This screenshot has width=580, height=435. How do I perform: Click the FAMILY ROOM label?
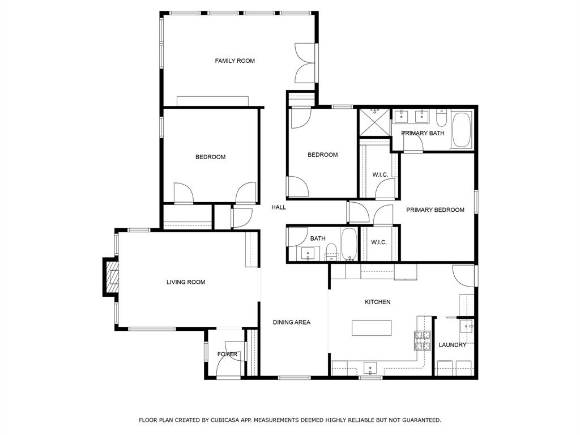pyautogui.click(x=234, y=61)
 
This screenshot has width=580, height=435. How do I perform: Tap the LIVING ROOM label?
pyautogui.click(x=186, y=282)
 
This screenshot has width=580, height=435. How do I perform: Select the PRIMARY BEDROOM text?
pyautogui.click(x=435, y=210)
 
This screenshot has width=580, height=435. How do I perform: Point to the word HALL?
pyautogui.click(x=279, y=207)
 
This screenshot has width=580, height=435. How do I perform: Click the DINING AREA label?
pyautogui.click(x=291, y=322)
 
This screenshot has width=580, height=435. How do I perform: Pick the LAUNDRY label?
pyautogui.click(x=453, y=345)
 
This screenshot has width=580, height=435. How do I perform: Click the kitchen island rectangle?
pyautogui.click(x=372, y=328)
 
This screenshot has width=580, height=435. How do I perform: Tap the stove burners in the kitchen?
pyautogui.click(x=423, y=340)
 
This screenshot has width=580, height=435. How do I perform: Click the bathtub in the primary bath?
pyautogui.click(x=462, y=130)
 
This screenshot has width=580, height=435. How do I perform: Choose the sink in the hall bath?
pyautogui.click(x=308, y=253)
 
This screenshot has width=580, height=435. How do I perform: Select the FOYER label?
pyautogui.click(x=228, y=355)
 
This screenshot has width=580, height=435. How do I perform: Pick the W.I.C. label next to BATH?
pyautogui.click(x=379, y=242)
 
